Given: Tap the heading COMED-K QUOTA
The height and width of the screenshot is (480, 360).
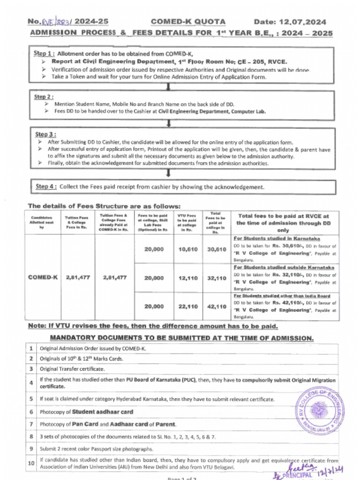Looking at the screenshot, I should [x=188, y=22].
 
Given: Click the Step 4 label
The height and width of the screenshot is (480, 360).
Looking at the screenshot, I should [x=46, y=187].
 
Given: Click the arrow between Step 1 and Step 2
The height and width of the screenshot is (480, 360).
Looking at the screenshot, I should [x=168, y=85].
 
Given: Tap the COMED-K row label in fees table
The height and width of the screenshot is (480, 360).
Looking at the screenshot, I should [x=43, y=277].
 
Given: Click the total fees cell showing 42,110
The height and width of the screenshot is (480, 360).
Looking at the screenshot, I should [x=216, y=307].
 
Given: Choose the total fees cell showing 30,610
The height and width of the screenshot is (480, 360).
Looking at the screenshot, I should [x=216, y=249].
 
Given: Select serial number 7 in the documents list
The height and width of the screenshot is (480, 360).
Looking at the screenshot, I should [x=31, y=424].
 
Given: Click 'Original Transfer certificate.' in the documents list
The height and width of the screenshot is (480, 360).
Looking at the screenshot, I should [x=72, y=369].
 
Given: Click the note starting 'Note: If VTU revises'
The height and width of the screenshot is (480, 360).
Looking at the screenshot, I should [x=153, y=326].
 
